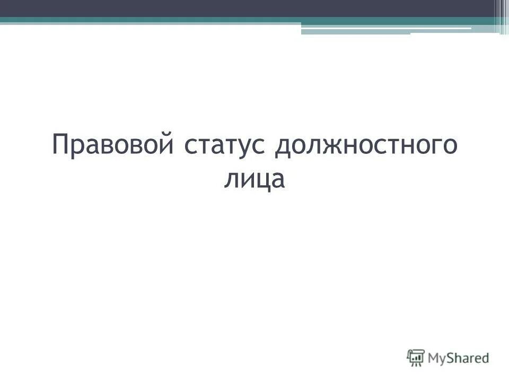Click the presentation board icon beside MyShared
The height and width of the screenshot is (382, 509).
click(x=416, y=358)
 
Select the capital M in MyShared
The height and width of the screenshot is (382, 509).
click(x=435, y=358)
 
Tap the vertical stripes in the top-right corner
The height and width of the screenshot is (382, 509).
click(x=502, y=16)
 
